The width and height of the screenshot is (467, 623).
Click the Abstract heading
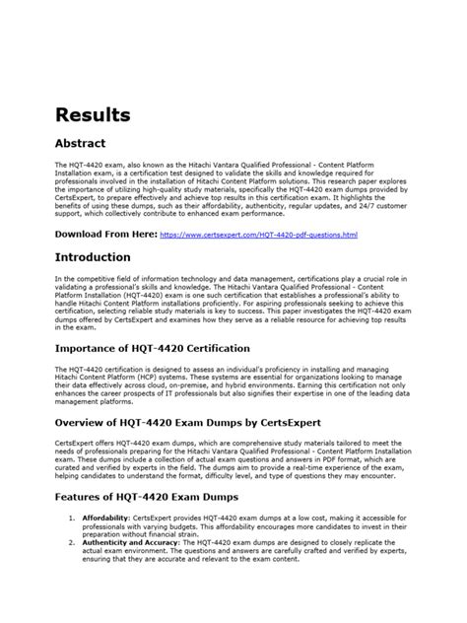click(x=82, y=143)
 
